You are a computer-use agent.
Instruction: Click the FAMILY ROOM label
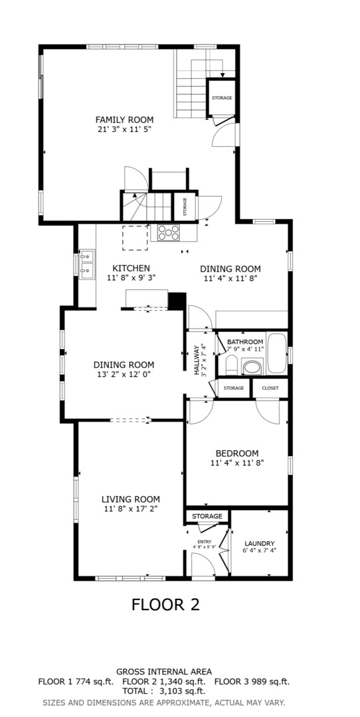124,119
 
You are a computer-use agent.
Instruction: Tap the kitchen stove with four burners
168,233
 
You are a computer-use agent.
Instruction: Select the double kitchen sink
86,264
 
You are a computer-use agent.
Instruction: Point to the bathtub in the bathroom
276,353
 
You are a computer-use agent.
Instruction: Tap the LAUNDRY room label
259,543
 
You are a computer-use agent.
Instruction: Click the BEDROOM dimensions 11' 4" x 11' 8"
237,462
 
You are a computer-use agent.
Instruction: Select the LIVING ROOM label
130,499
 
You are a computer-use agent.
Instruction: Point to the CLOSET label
270,388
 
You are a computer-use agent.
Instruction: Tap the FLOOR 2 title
165,605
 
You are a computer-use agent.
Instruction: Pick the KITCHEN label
132,268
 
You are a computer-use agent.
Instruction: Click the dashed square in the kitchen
135,237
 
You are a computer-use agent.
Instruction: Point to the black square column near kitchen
177,301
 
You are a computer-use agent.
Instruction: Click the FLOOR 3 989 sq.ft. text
252,682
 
